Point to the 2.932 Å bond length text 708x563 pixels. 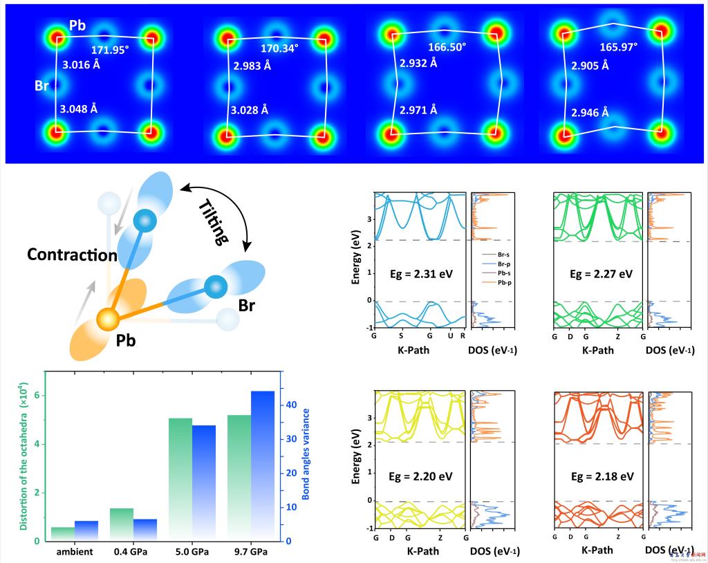click(418, 63)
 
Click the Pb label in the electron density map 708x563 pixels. click(77, 25)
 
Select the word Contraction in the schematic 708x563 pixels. click(73, 255)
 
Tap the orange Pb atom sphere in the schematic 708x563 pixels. click(108, 320)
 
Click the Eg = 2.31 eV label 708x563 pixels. click(414, 273)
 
